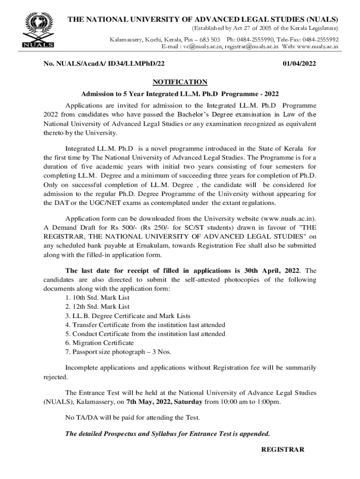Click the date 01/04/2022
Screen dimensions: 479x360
point(300,64)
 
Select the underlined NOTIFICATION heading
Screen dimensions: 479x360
point(180,82)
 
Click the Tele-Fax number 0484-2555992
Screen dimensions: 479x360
point(320,40)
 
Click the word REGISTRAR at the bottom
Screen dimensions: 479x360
point(282,450)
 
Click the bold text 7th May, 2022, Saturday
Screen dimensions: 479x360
point(165,401)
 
